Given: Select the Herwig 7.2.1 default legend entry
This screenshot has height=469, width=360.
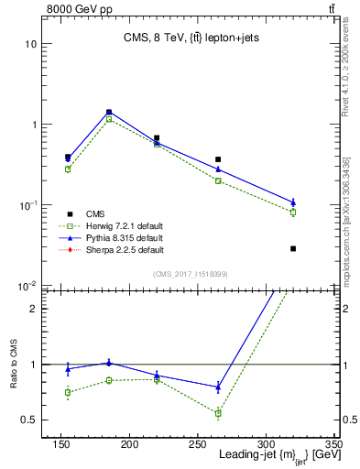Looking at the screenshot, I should pos(119,224).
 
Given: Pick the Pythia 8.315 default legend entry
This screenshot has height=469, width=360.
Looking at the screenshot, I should pos(119,237).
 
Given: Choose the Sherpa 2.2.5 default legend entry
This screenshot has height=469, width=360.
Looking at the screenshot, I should pos(119,249).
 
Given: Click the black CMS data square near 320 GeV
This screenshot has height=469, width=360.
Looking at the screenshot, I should pos(293,248).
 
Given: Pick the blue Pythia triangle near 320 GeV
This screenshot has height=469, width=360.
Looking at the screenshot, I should pos(293,202).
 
